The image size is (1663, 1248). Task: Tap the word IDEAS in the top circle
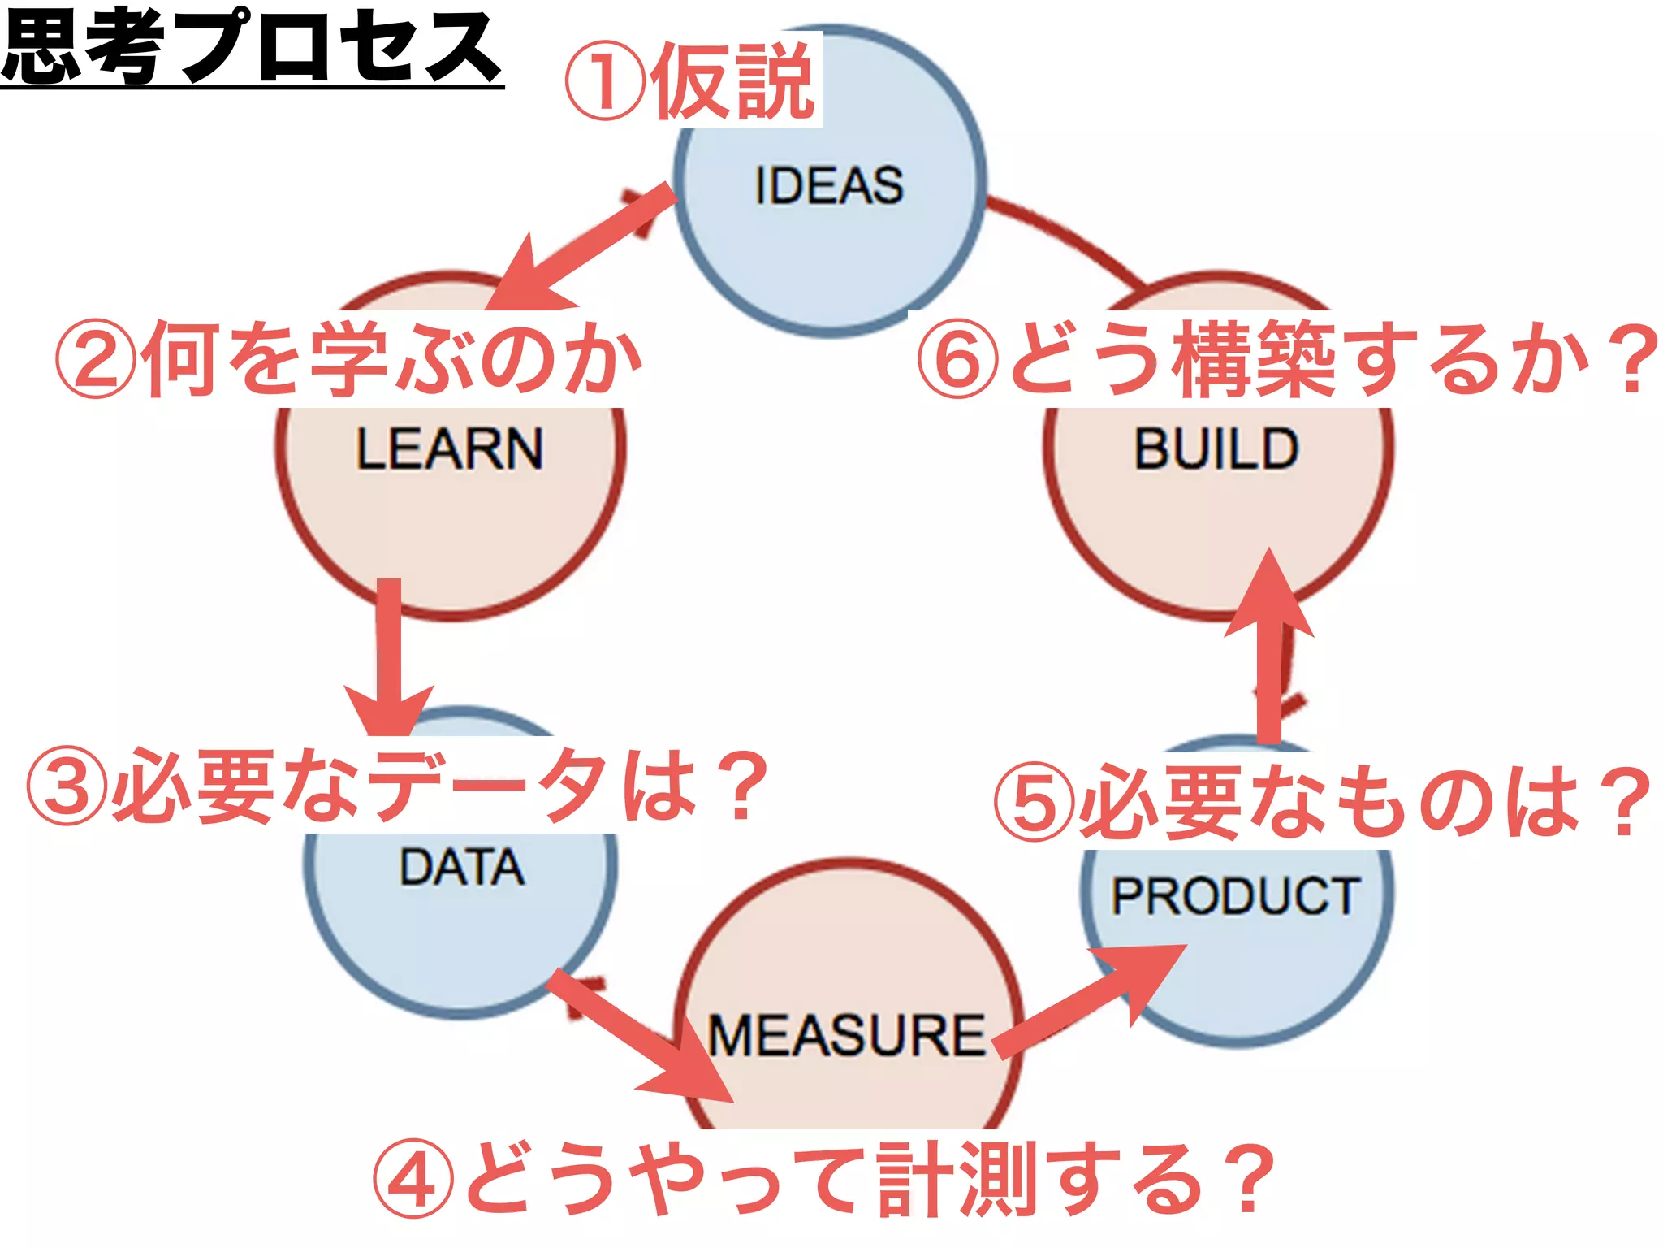828,185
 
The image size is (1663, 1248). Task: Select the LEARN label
449,448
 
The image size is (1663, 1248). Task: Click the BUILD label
1216,448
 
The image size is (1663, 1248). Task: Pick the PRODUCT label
1234,895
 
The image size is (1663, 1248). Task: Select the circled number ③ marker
67,786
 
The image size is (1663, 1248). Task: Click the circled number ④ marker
413,1178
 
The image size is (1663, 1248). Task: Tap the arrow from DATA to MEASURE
641,1036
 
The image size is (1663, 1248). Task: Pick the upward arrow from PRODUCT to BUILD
1269,650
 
